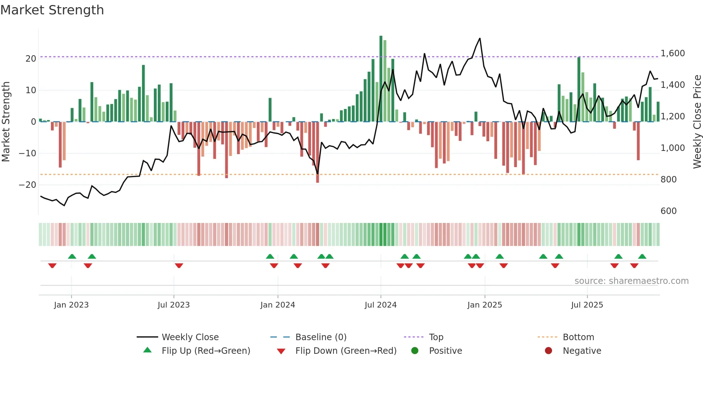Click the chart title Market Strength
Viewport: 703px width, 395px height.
52,10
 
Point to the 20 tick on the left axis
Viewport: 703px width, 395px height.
31,59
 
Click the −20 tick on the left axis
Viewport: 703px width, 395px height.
28,185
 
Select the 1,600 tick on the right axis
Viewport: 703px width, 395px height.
673,53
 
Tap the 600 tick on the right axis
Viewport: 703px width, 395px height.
669,211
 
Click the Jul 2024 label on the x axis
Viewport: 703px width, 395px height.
381,305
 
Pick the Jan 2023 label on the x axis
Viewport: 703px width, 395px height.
71,305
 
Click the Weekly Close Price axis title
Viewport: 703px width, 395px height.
697,122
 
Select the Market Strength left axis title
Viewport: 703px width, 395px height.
6,122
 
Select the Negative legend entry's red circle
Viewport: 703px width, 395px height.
548,351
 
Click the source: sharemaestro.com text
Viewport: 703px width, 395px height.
631,281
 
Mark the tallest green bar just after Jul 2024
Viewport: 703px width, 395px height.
381,37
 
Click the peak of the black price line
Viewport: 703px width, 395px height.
480,38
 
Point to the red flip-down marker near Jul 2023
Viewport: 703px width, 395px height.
179,266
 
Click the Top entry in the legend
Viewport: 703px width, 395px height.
436,337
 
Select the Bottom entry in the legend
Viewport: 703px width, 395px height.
578,337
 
